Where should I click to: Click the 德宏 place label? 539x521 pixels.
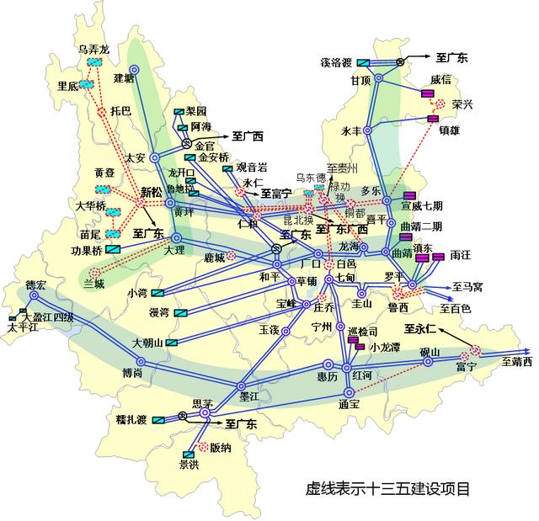(x=35, y=284)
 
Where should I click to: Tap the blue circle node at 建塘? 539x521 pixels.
(x=133, y=70)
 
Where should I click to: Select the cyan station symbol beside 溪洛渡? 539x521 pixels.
(x=363, y=62)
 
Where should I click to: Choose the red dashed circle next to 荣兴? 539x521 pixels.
(x=440, y=105)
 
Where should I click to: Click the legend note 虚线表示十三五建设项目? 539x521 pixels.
(x=387, y=489)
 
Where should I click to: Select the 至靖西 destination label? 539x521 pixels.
(x=517, y=363)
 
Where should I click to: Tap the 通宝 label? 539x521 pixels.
(x=349, y=405)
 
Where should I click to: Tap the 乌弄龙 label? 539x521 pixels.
(x=93, y=51)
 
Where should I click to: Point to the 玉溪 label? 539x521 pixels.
(x=269, y=329)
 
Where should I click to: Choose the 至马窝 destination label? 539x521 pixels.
(x=467, y=287)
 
